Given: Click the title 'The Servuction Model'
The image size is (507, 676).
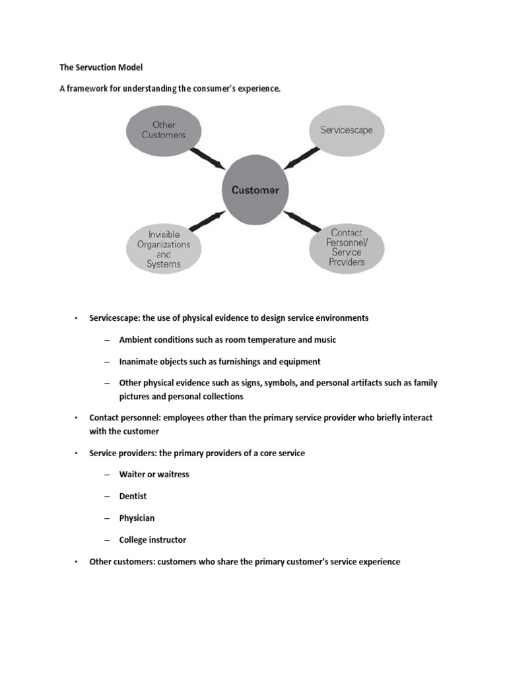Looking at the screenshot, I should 101,67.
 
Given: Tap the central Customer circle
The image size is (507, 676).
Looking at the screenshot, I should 255,190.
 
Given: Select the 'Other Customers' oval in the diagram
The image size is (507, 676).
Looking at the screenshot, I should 164,130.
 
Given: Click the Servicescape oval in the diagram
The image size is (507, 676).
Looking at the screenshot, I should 346,130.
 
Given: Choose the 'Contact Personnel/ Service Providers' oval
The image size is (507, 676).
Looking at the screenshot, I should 347,248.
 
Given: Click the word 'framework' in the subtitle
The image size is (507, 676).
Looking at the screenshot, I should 88,89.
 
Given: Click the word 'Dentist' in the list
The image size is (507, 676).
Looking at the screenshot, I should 133,496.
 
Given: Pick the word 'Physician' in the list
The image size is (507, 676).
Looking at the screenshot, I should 137,518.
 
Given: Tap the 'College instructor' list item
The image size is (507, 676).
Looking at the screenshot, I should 152,540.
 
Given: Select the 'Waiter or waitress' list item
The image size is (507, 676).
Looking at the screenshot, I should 154,474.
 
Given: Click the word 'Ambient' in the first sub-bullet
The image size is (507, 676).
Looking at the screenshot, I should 136,339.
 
